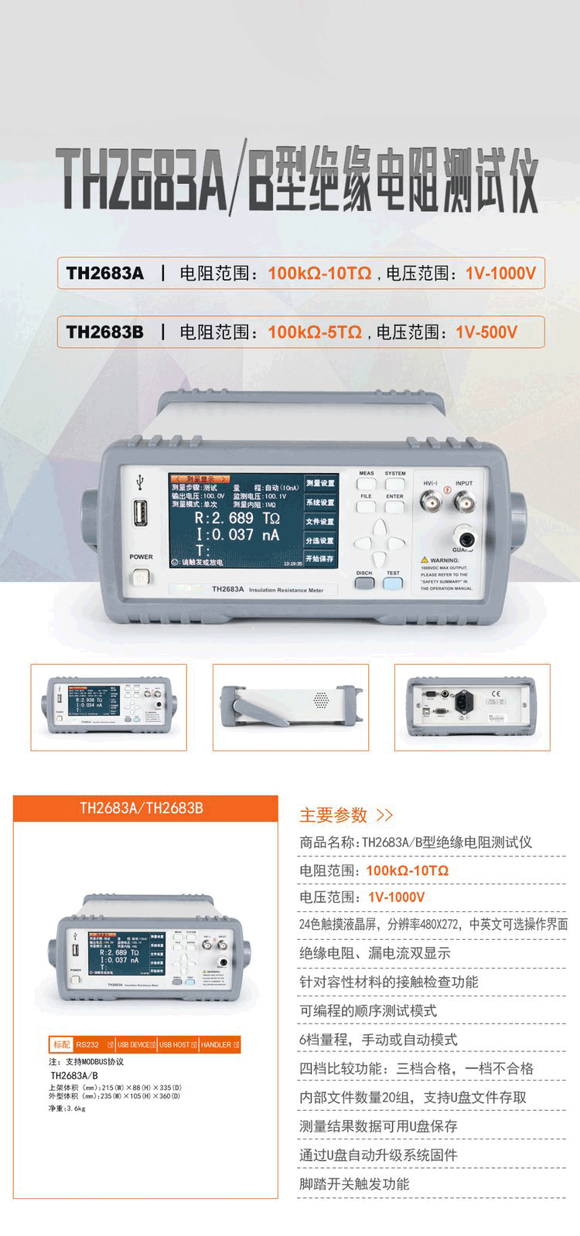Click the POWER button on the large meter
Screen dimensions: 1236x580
140,577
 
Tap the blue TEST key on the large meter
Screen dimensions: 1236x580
393,584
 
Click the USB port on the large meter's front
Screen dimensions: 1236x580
142,514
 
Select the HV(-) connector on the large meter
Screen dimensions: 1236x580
431,502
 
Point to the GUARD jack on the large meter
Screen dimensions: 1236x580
466,539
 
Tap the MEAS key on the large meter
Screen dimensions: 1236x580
367,484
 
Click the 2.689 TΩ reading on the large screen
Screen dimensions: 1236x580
237,517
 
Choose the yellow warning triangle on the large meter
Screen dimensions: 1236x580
425,559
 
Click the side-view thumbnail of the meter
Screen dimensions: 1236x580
290,707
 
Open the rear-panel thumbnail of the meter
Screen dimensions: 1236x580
472,707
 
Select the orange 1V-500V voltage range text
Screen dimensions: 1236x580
486,332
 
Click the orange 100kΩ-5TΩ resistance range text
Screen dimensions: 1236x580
315,332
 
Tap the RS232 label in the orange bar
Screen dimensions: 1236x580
87,1045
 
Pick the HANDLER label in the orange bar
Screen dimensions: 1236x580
217,1045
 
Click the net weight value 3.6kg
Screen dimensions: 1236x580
76,1108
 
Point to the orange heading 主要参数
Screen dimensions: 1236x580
333,815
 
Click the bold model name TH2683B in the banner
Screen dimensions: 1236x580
105,332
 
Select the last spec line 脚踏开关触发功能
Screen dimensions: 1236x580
354,1183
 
